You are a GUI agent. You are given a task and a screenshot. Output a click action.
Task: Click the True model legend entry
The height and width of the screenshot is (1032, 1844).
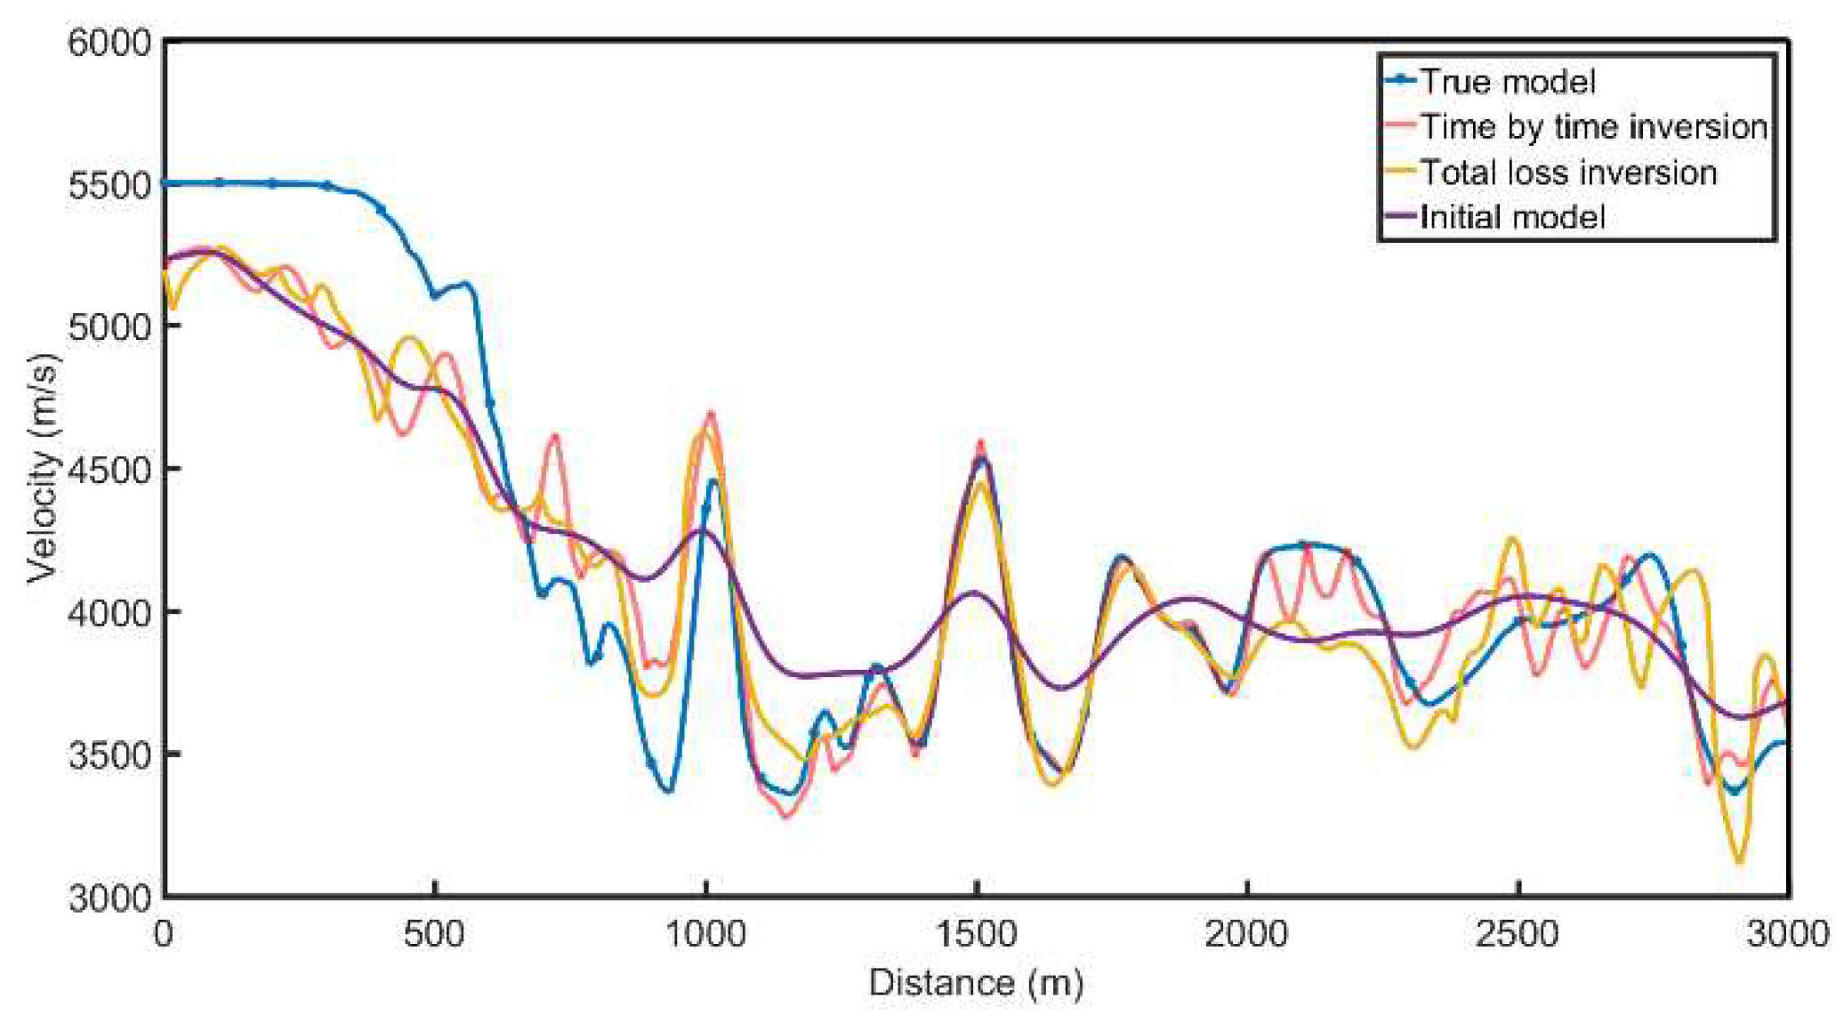(1507, 82)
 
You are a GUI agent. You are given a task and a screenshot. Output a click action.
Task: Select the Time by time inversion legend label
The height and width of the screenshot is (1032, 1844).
(1593, 127)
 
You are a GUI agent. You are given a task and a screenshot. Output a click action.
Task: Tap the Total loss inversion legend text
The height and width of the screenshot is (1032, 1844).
(1567, 173)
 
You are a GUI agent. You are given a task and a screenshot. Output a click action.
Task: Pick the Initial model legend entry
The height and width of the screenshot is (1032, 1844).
(1512, 218)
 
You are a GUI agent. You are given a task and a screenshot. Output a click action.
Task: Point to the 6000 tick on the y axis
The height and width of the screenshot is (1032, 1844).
(109, 42)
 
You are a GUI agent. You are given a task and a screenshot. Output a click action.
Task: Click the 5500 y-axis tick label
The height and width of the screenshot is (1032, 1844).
(109, 185)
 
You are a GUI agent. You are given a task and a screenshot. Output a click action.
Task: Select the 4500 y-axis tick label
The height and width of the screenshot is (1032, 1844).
(109, 470)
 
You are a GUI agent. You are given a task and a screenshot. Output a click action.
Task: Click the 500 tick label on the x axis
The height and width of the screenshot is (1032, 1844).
(434, 934)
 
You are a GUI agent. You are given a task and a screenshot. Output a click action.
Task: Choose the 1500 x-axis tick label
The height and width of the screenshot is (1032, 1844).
(976, 934)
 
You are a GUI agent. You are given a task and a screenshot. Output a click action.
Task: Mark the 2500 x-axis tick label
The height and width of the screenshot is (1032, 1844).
(1518, 934)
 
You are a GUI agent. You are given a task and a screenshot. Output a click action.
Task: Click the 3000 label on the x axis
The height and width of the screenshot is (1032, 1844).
(1788, 934)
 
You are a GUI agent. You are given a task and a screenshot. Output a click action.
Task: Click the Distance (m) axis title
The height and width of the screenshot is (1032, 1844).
(976, 983)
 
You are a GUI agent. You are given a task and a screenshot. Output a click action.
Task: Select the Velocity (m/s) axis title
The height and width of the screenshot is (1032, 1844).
(42, 469)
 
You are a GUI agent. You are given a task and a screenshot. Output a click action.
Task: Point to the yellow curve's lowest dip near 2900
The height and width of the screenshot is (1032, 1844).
(1739, 861)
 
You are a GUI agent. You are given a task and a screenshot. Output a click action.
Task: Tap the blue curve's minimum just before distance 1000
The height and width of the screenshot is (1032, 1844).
(668, 790)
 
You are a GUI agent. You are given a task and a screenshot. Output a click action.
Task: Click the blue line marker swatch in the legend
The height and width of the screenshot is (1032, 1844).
(1401, 80)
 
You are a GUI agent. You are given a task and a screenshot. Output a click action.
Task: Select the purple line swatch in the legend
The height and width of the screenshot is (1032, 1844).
(1401, 216)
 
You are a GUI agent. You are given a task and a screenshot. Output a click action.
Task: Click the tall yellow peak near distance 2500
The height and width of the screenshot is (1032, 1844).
(1512, 539)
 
